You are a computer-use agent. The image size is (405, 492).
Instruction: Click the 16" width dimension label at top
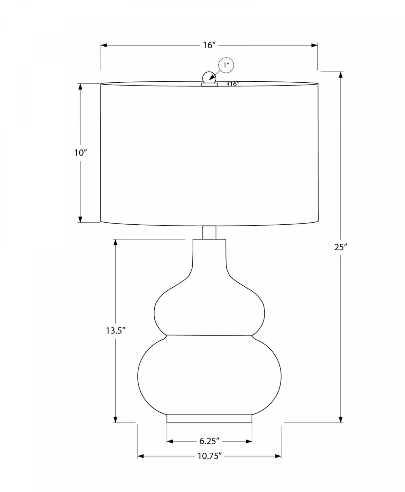[x=209, y=45]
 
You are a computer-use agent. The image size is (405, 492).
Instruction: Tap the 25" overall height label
[x=341, y=247]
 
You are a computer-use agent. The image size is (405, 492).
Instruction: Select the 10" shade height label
[x=80, y=153]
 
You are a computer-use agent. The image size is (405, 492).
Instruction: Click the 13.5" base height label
[x=115, y=331]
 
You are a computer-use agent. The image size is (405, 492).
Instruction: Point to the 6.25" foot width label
[x=209, y=441]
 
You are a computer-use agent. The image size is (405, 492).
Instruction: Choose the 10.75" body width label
[x=209, y=456]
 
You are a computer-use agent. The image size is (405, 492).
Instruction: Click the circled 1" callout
[x=226, y=65]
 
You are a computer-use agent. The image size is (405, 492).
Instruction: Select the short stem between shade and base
[x=209, y=232]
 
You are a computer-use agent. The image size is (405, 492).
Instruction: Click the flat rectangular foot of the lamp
[x=209, y=419]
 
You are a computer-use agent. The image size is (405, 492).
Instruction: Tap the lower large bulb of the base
[x=209, y=374]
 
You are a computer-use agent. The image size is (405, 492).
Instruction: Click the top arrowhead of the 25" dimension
[x=341, y=75]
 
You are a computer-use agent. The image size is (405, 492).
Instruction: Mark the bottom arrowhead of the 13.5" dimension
[x=115, y=420]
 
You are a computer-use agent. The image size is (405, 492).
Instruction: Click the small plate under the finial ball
[x=209, y=85]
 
